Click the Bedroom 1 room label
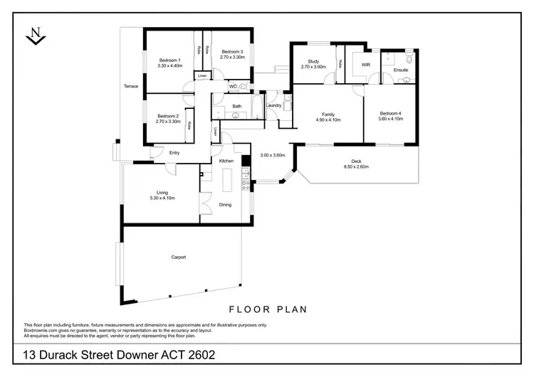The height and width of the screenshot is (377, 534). tap(169, 60)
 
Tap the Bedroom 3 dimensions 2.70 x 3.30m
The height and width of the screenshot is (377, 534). tap(232, 56)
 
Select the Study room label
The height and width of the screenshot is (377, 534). tap(313, 61)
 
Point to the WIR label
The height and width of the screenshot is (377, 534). tap(366, 65)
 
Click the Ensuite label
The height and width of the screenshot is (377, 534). tap(401, 70)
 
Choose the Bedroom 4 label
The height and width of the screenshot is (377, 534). tap(390, 114)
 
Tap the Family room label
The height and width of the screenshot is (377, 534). tap(328, 114)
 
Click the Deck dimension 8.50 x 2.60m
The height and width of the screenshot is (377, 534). tap(356, 167)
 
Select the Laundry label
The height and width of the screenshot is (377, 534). tap(273, 106)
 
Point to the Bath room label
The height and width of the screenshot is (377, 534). tap(236, 107)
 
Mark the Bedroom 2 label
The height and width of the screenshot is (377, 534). tap(167, 116)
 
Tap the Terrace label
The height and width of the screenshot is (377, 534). tap(131, 86)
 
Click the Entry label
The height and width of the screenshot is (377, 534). tap(174, 152)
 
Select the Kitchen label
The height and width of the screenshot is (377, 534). tap(226, 161)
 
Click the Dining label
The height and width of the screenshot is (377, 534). tap(225, 205)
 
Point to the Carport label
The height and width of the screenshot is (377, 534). tap(178, 257)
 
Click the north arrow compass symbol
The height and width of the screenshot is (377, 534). tap(34, 35)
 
